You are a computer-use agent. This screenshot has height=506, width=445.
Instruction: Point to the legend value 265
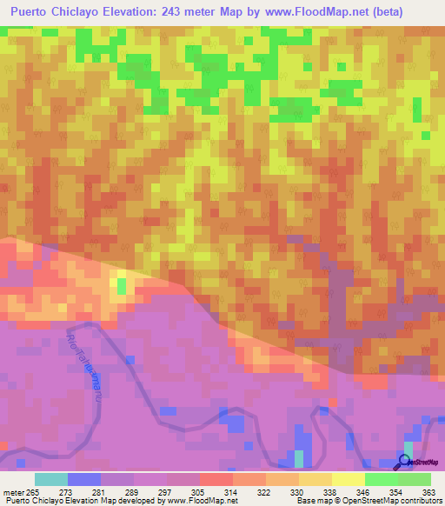tap(36, 491)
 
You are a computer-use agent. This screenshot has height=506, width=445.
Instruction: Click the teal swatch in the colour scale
tap(51, 479)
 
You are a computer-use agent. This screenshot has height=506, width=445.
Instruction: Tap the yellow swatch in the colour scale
tap(348, 479)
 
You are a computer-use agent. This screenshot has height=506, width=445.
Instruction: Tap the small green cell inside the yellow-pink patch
tap(121, 284)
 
